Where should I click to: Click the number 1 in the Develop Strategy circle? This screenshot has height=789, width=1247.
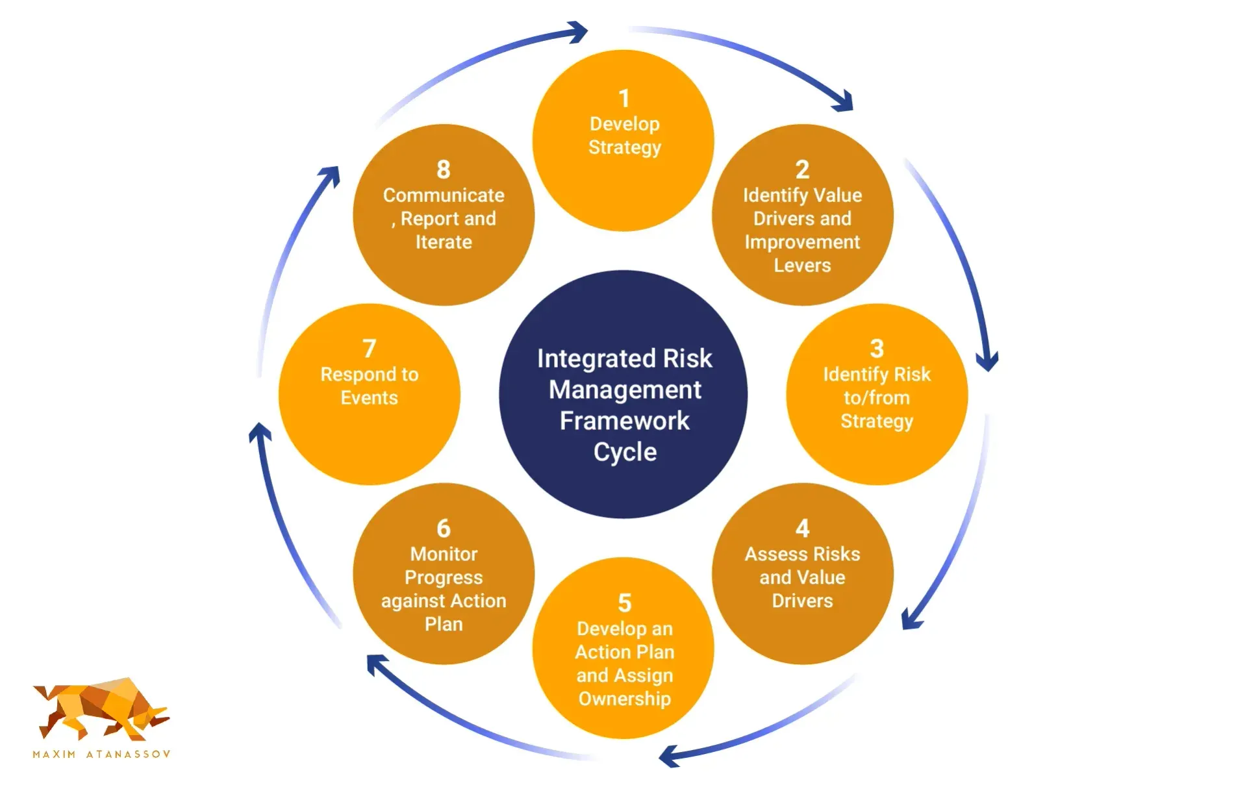point(623,99)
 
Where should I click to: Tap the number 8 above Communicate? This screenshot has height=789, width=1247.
point(443,169)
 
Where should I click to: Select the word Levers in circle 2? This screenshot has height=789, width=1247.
point(801,266)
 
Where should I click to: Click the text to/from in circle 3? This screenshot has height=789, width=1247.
point(876,397)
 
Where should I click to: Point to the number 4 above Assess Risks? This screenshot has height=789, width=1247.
point(802,529)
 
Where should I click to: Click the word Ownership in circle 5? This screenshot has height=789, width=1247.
point(624,699)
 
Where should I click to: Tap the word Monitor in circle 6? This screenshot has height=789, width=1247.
point(444,554)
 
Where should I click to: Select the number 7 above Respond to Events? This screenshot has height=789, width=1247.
point(369,349)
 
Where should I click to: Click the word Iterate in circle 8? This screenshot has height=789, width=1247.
point(444,242)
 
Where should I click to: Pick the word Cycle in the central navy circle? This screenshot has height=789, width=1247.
point(624,452)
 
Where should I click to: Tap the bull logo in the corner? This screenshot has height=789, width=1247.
point(101,709)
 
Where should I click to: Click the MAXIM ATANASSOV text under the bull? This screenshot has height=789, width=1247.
point(101,754)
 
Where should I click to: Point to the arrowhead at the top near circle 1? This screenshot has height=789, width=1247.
point(577,31)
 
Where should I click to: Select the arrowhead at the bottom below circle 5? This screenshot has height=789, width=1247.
point(669,757)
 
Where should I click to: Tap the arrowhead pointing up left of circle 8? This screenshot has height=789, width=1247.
point(331,175)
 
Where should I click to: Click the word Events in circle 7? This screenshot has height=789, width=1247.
point(369,397)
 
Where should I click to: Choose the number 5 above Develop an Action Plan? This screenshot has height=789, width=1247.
point(624,603)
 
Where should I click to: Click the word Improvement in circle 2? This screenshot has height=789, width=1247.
point(801,242)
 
